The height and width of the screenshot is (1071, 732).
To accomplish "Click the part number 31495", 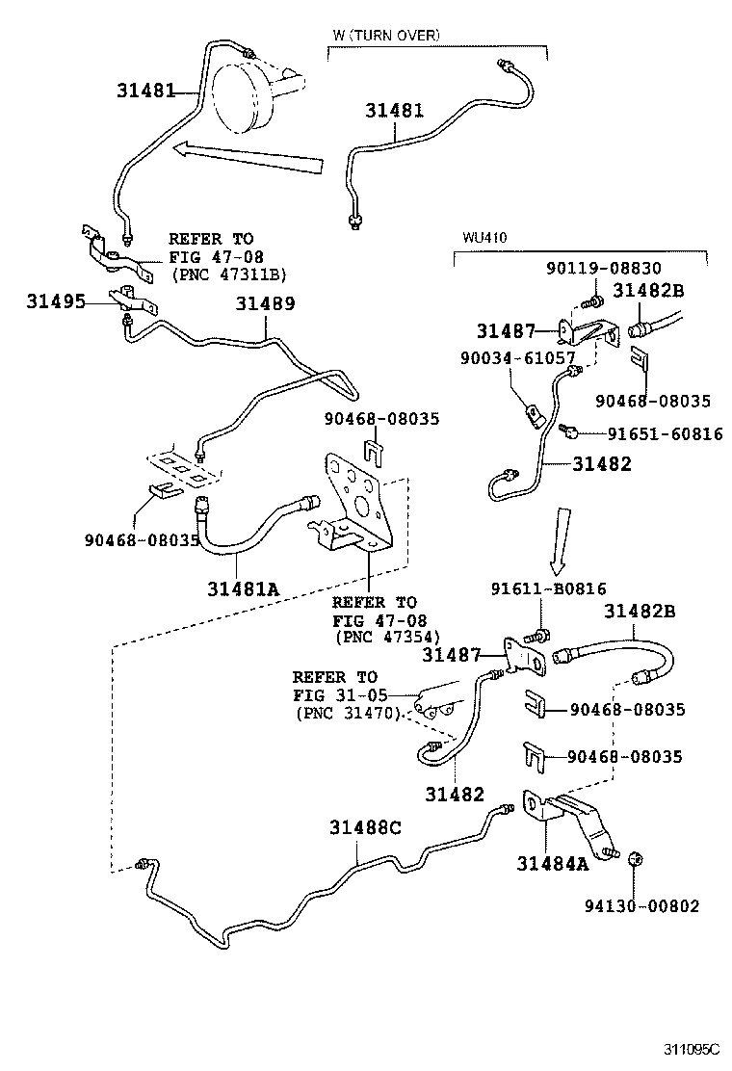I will click(55, 302).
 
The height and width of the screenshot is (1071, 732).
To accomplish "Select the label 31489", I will click(265, 304).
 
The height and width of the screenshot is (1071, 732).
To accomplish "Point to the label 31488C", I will click(364, 827).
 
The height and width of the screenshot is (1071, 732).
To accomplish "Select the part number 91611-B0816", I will click(548, 589).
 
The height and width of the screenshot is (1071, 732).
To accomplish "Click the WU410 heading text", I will click(484, 237).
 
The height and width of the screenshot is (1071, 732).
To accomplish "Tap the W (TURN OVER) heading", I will click(385, 35).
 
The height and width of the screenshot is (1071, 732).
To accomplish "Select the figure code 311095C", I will click(693, 1048).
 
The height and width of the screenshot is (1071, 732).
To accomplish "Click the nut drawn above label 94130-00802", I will click(635, 858).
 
